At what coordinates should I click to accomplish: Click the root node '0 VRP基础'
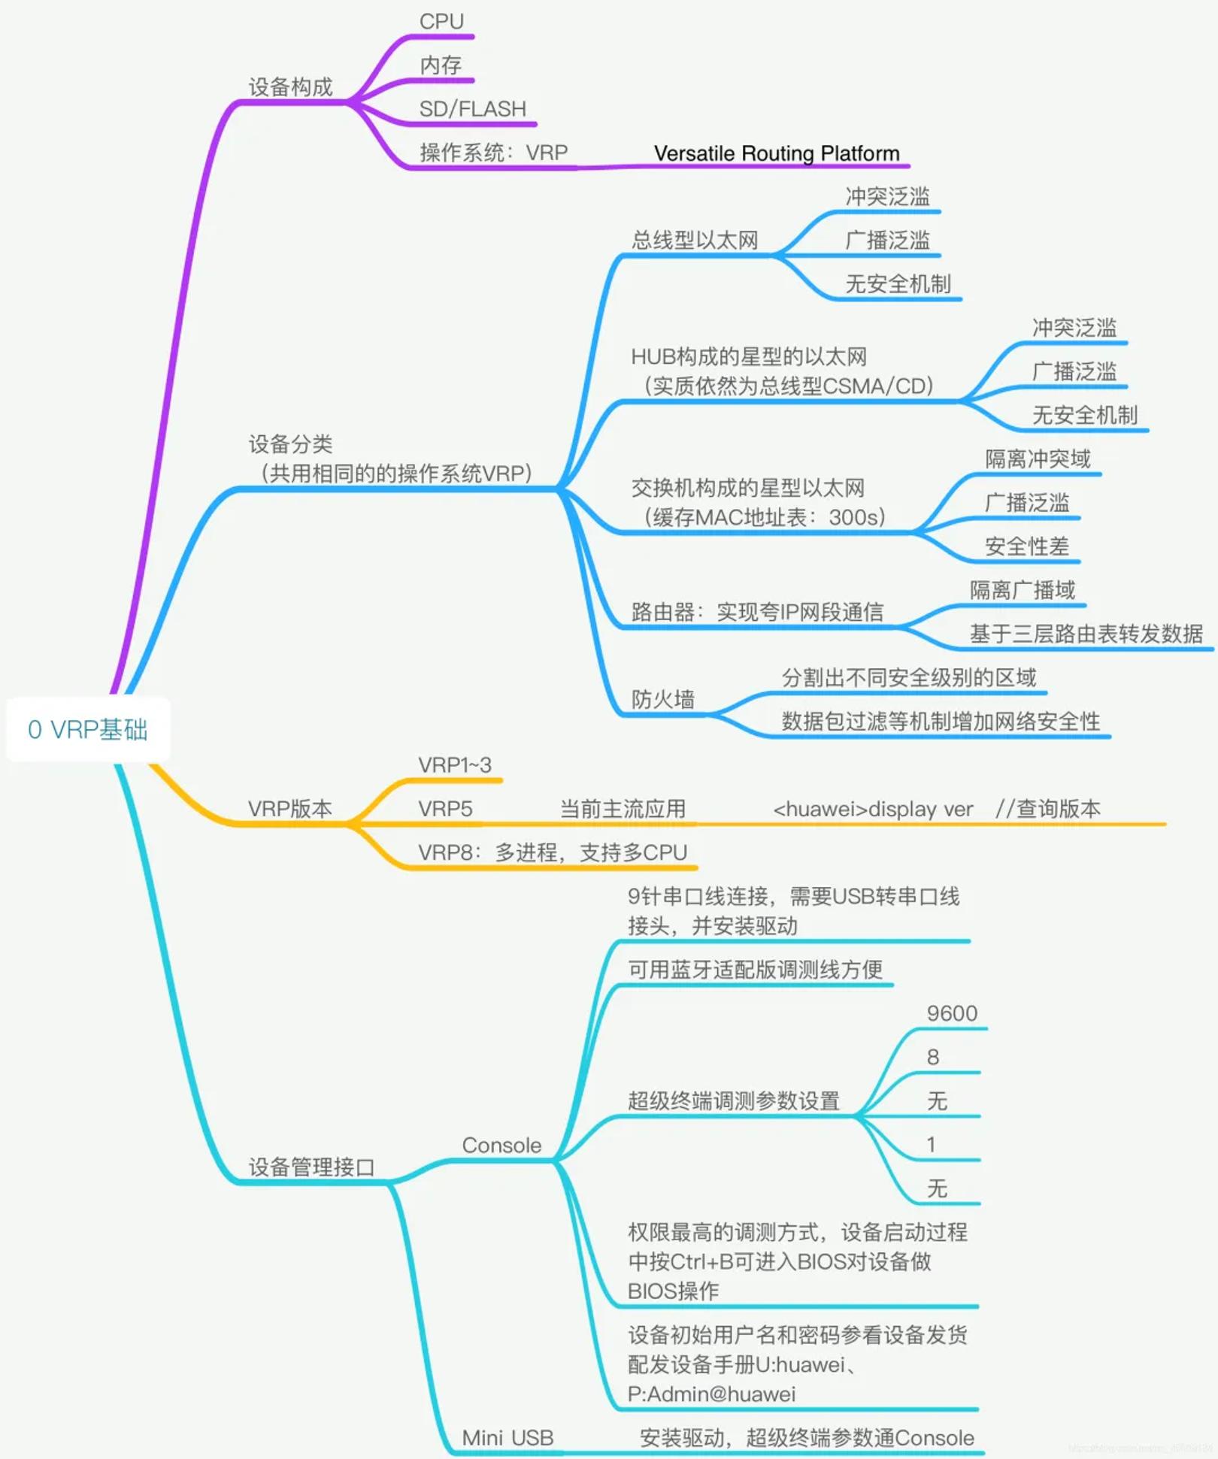[88, 729]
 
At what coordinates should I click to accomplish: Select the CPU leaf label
[441, 22]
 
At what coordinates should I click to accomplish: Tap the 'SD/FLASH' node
[472, 109]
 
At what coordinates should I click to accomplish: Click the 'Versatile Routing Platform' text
[776, 153]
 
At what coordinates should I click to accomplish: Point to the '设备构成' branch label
[290, 87]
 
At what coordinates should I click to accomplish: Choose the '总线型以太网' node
[694, 241]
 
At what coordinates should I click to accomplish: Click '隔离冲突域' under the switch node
[1038, 459]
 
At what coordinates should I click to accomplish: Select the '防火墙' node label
[662, 699]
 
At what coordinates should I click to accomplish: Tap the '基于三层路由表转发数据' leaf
[1086, 634]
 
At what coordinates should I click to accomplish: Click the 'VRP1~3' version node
[454, 765]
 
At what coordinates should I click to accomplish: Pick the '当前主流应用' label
[623, 809]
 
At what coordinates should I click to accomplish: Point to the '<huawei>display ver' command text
[873, 810]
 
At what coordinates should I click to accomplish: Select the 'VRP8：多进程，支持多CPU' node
[553, 852]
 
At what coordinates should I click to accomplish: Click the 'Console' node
[501, 1145]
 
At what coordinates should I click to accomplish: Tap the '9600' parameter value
[952, 1013]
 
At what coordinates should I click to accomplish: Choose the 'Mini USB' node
[507, 1437]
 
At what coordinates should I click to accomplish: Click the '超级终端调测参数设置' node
[733, 1101]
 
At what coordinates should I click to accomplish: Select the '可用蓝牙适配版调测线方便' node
[755, 970]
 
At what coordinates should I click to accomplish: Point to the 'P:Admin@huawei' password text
[711, 1394]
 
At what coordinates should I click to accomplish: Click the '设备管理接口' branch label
[311, 1167]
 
